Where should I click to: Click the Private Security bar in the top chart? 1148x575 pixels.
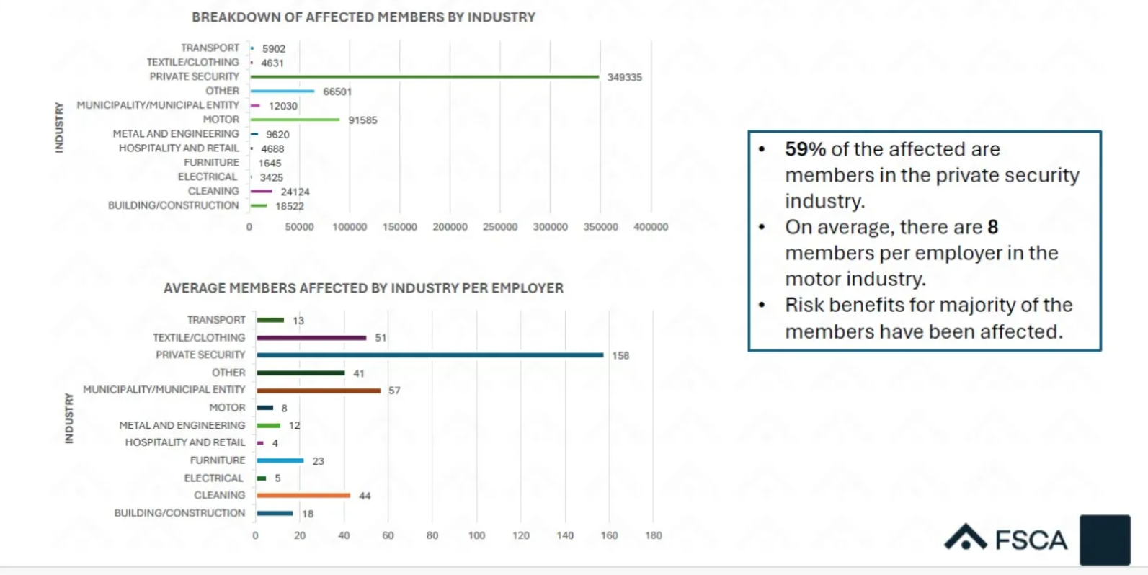click(x=424, y=76)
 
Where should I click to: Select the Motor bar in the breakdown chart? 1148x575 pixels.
click(x=295, y=120)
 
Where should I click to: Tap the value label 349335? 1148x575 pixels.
click(x=624, y=77)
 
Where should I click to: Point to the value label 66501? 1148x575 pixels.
click(x=337, y=92)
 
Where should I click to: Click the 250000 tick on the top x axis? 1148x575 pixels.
click(x=500, y=227)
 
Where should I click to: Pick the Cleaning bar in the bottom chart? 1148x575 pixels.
click(x=303, y=496)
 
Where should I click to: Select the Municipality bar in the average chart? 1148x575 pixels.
click(x=318, y=391)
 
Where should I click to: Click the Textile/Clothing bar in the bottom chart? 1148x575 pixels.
click(x=311, y=338)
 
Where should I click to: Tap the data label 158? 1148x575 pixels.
click(x=620, y=355)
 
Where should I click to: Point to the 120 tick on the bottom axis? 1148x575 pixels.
click(x=521, y=535)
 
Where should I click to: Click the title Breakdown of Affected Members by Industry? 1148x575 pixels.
click(x=363, y=17)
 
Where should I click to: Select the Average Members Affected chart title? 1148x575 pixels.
click(x=363, y=288)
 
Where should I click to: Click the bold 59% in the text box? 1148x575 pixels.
click(x=805, y=149)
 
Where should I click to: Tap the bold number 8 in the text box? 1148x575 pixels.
click(x=992, y=227)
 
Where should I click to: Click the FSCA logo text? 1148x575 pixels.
click(x=1031, y=540)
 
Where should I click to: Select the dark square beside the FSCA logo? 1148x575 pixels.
click(x=1104, y=540)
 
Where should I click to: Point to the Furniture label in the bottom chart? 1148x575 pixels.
click(x=218, y=460)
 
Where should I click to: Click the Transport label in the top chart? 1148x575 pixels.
click(x=210, y=48)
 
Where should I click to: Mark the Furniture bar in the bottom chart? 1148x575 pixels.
click(x=280, y=460)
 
